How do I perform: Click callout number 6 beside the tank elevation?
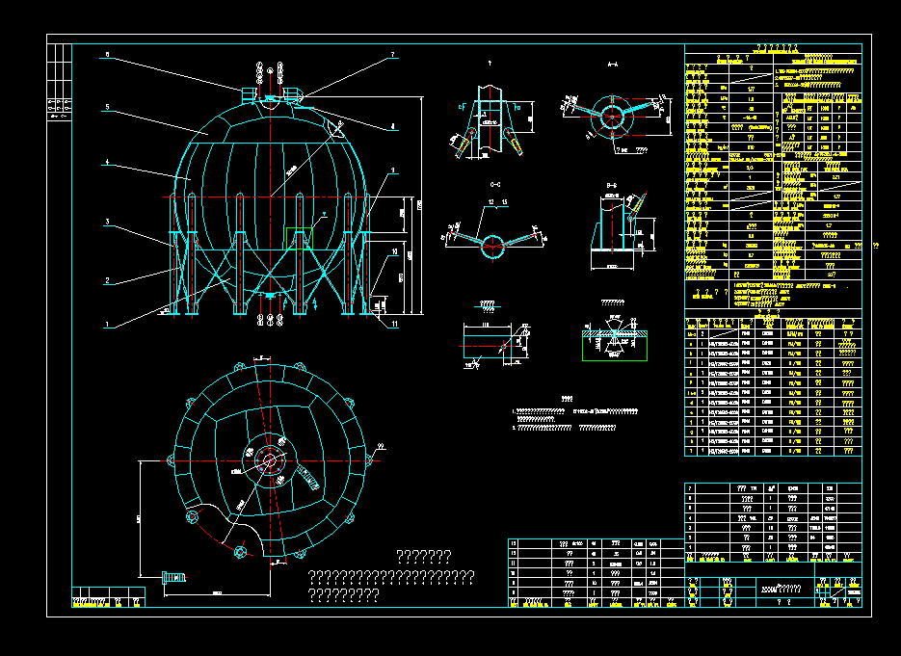click(108, 55)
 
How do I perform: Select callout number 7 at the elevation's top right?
click(393, 56)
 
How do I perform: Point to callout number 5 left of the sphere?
click(108, 107)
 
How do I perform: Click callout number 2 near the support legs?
click(108, 281)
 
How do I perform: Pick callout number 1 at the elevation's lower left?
click(108, 325)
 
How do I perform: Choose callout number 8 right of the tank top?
click(393, 126)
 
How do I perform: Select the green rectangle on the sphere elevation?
click(299, 237)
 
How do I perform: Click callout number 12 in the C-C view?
click(490, 202)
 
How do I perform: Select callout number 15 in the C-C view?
click(504, 202)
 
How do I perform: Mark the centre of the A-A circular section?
click(610, 115)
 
